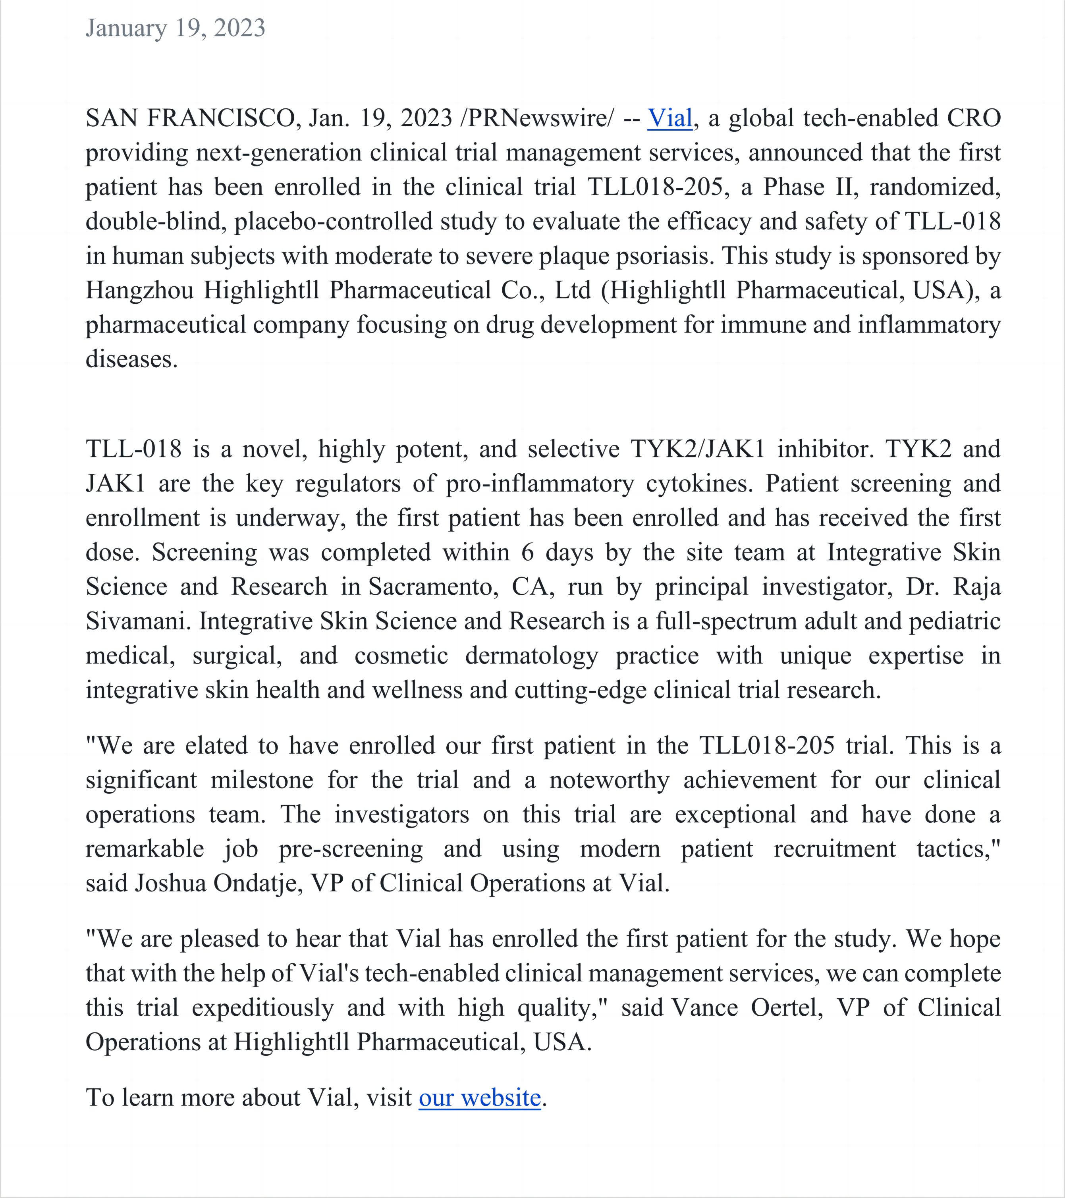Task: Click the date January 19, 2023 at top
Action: [175, 28]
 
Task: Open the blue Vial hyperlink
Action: [669, 118]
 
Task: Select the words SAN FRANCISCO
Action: [191, 118]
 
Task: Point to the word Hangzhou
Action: [139, 290]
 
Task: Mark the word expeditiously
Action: [262, 1007]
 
